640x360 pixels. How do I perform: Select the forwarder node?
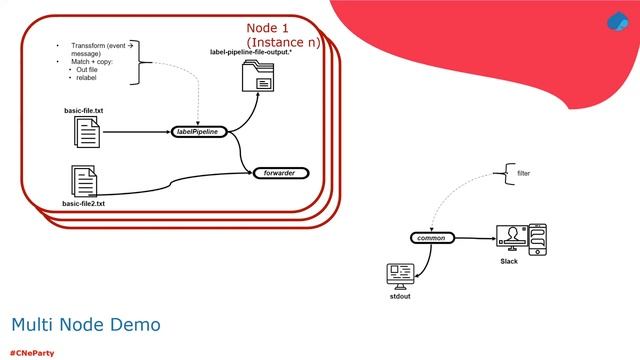tap(281, 172)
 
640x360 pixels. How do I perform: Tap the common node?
tap(432, 237)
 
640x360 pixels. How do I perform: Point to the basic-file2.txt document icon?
tap(83, 180)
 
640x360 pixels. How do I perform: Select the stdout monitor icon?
tap(400, 275)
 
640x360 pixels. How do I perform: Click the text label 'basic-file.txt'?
tap(83, 108)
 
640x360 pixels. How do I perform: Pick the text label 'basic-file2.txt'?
tap(83, 203)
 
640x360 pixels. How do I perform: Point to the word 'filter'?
tap(523, 173)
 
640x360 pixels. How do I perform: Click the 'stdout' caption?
tap(400, 296)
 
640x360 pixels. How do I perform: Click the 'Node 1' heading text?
tap(268, 27)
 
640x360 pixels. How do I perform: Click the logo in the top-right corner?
tap(617, 23)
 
